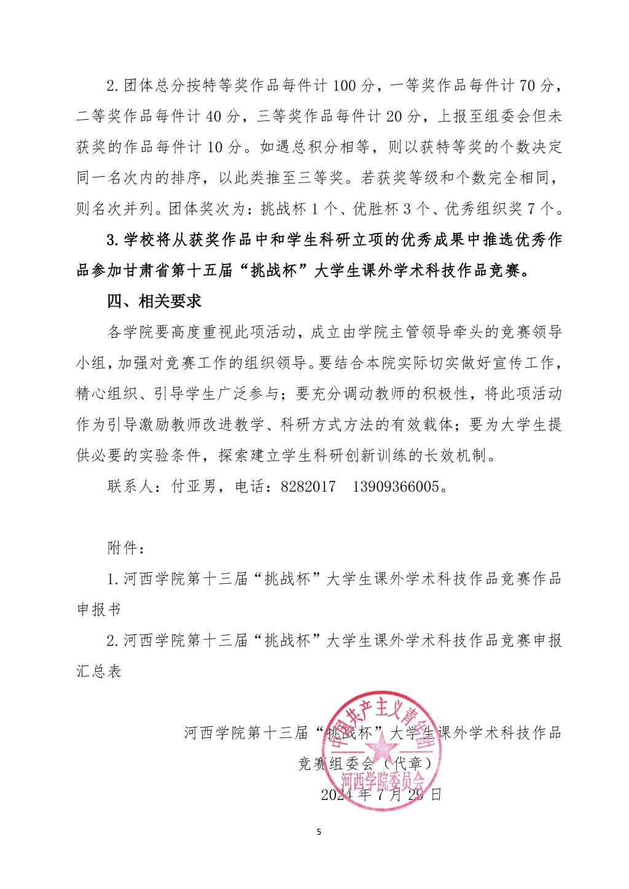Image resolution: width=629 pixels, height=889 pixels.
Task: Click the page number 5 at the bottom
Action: (318, 833)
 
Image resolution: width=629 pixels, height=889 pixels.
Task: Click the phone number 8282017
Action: (308, 486)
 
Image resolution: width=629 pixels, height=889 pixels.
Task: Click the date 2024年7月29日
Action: (381, 794)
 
